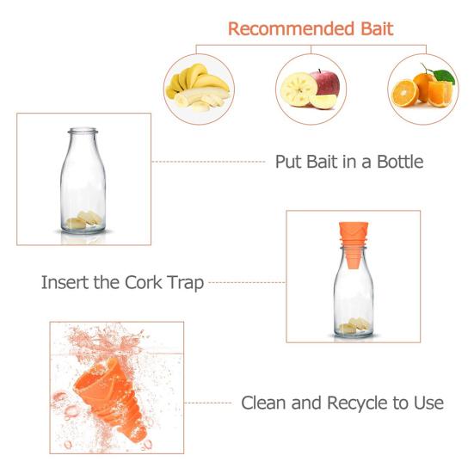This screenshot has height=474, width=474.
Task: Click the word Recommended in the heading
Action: (284, 28)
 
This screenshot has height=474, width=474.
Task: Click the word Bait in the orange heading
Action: (372, 28)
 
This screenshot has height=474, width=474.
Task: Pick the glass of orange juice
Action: (439, 92)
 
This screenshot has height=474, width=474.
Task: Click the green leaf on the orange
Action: (443, 75)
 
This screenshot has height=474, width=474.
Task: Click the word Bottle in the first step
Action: (393, 161)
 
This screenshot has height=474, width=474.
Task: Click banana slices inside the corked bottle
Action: (352, 326)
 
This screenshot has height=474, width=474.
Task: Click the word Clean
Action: (267, 402)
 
